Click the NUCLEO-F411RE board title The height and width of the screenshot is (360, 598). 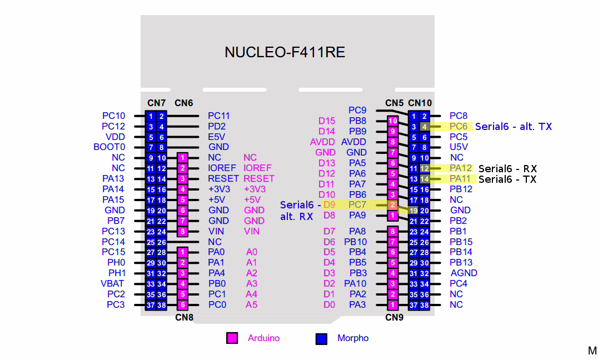pyautogui.click(x=285, y=52)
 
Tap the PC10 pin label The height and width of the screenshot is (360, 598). pyautogui.click(x=113, y=116)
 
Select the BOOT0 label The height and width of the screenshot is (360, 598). pyautogui.click(x=109, y=147)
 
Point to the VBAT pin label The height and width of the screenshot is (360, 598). pyautogui.click(x=112, y=284)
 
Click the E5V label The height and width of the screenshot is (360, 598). pyautogui.click(x=217, y=137)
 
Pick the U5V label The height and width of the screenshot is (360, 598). pyautogui.click(x=459, y=147)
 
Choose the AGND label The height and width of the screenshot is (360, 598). pyautogui.click(x=464, y=273)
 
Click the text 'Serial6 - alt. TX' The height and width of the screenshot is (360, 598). pyautogui.click(x=514, y=127)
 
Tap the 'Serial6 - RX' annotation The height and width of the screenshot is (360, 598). pyautogui.click(x=507, y=168)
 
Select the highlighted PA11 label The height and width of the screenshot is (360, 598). pyautogui.click(x=461, y=179)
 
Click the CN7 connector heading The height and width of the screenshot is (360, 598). pyautogui.click(x=156, y=103)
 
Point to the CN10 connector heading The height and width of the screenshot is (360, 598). pyautogui.click(x=420, y=103)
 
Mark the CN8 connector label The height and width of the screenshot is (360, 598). pyautogui.click(x=184, y=317)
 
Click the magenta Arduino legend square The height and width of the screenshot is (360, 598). pyautogui.click(x=232, y=338)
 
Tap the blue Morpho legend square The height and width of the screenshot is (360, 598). pyautogui.click(x=321, y=339)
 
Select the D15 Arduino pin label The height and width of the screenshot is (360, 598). pyautogui.click(x=327, y=121)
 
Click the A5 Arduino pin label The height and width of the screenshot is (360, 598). pyautogui.click(x=251, y=304)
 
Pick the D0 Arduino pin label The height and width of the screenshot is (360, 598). pyautogui.click(x=329, y=304)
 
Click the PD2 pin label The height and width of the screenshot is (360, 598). pyautogui.click(x=217, y=126)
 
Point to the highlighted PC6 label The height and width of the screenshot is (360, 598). pyautogui.click(x=459, y=126)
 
